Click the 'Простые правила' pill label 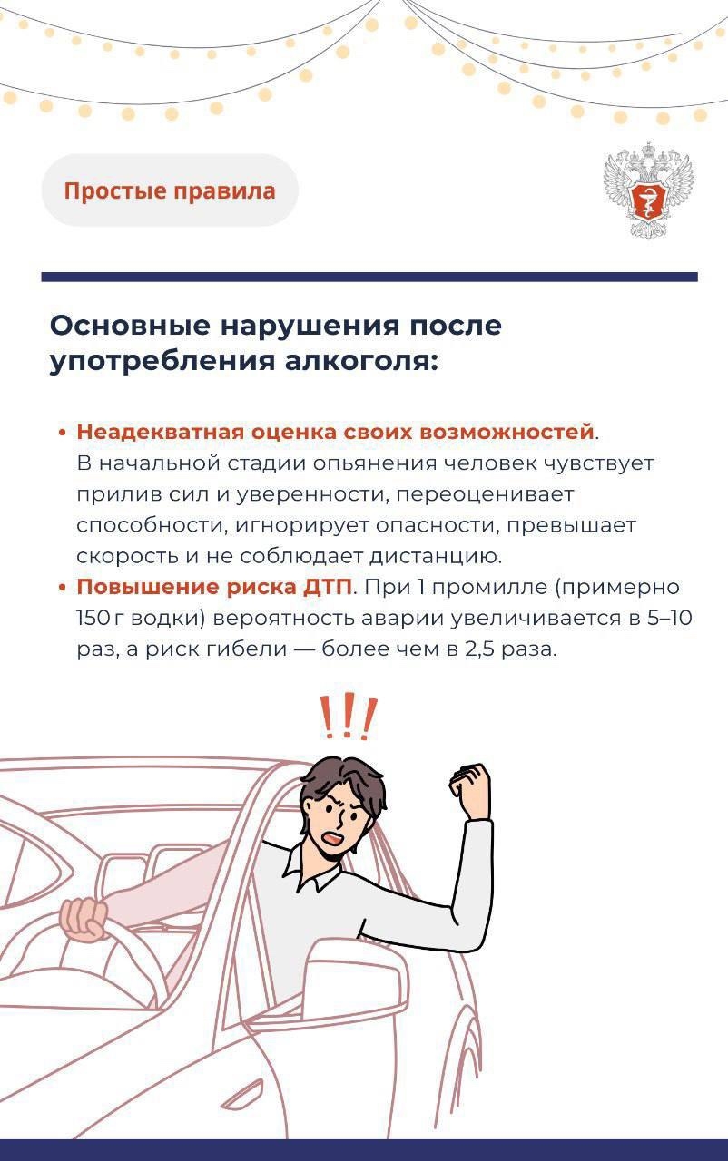pos(169,191)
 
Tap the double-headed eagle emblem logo pos(648,190)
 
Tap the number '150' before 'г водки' pos(93,619)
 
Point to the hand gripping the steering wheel pos(84,918)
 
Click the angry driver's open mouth pos(333,839)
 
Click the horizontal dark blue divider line pos(369,277)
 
